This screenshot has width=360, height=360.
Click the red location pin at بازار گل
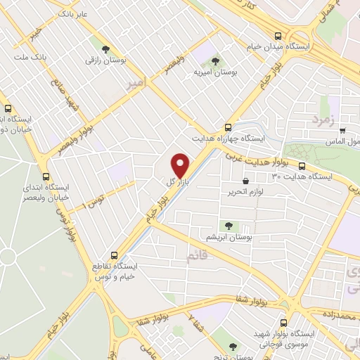(x=181, y=165)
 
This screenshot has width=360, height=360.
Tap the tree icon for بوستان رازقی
(x=105, y=49)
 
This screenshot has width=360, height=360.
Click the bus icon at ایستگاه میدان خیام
(x=279, y=35)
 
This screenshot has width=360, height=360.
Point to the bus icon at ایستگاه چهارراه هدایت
(x=227, y=127)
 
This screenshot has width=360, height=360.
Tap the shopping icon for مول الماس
(x=342, y=130)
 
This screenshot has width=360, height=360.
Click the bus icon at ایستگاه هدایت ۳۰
(x=302, y=167)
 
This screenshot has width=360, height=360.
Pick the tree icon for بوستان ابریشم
(x=228, y=225)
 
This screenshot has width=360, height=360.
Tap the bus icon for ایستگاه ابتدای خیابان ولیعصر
(x=46, y=176)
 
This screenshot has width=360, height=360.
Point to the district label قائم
(x=196, y=257)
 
